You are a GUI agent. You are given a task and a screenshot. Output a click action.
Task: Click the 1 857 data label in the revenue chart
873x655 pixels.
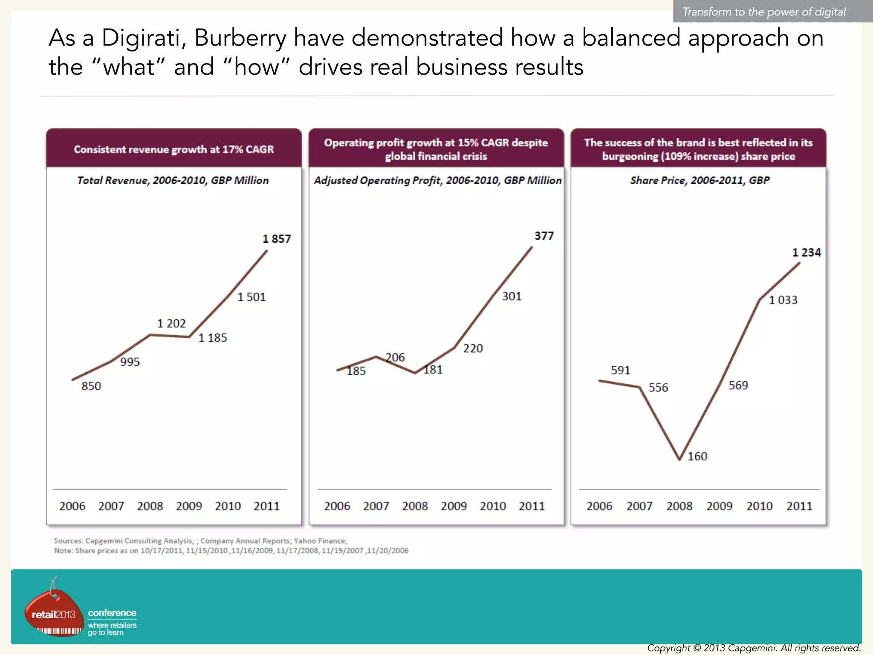[x=277, y=239]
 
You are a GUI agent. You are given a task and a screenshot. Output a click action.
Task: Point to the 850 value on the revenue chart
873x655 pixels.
[x=91, y=386]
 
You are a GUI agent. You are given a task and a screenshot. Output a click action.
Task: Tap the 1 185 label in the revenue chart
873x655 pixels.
[x=213, y=338]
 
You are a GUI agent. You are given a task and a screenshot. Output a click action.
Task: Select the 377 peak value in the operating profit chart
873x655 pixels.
[x=544, y=236]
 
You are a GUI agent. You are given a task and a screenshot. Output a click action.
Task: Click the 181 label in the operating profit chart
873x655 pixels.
[x=433, y=369]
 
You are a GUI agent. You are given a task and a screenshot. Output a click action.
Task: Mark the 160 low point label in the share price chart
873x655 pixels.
[x=697, y=456]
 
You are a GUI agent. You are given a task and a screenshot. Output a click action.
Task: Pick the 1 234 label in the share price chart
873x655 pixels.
[x=806, y=252]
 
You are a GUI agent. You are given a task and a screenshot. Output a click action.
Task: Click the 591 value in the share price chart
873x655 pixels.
[x=620, y=370]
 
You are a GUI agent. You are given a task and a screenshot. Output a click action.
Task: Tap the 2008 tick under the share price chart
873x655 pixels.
[x=679, y=506]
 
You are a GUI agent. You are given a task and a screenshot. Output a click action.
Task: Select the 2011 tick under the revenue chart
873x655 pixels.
[x=266, y=506]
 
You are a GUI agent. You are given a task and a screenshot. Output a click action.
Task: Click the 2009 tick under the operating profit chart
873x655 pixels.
[x=454, y=506]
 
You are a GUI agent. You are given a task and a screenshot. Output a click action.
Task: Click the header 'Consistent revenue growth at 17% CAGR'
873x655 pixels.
[x=174, y=149]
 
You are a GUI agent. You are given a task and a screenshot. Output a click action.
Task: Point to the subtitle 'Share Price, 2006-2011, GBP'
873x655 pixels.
[x=700, y=180]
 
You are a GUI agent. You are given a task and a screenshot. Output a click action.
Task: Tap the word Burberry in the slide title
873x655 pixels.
[x=240, y=38]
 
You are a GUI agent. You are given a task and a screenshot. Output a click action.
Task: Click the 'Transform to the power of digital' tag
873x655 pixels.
[x=764, y=12]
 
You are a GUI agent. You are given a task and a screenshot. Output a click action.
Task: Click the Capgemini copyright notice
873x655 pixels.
[x=754, y=648]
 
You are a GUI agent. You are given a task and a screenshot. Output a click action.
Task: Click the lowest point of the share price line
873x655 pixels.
[x=679, y=459]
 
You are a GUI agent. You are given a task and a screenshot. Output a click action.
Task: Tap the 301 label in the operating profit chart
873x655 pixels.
[x=512, y=296]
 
